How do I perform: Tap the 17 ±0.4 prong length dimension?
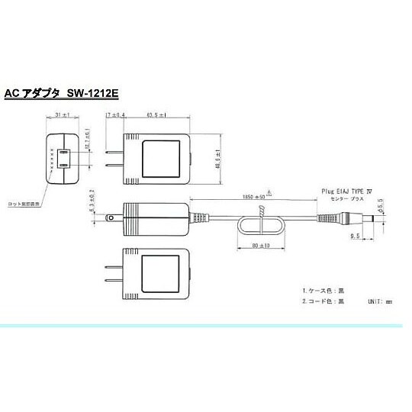(114, 114)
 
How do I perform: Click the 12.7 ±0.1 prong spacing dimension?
(89, 138)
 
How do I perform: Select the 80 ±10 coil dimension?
(260, 246)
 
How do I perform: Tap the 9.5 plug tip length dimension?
(356, 237)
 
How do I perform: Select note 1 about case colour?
(323, 291)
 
